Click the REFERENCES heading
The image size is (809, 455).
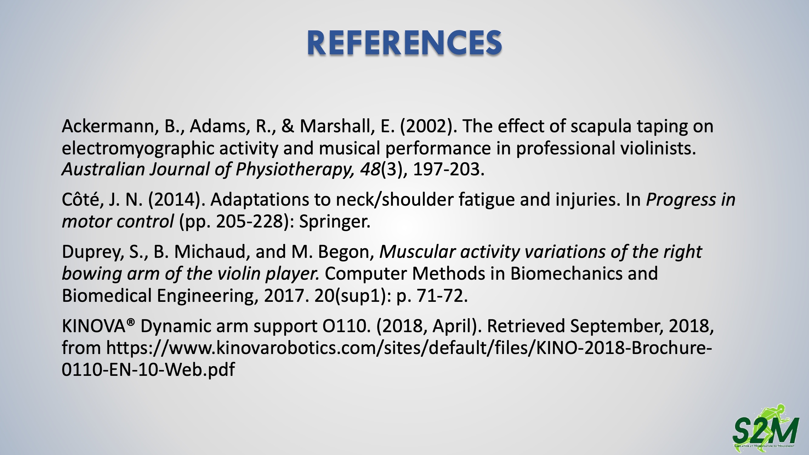tap(404, 43)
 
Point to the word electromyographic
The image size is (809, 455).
tap(138, 149)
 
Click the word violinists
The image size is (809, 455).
tap(658, 148)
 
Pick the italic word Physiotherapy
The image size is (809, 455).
tap(295, 170)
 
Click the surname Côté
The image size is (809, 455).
tap(83, 199)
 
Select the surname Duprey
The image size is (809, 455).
tap(93, 252)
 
